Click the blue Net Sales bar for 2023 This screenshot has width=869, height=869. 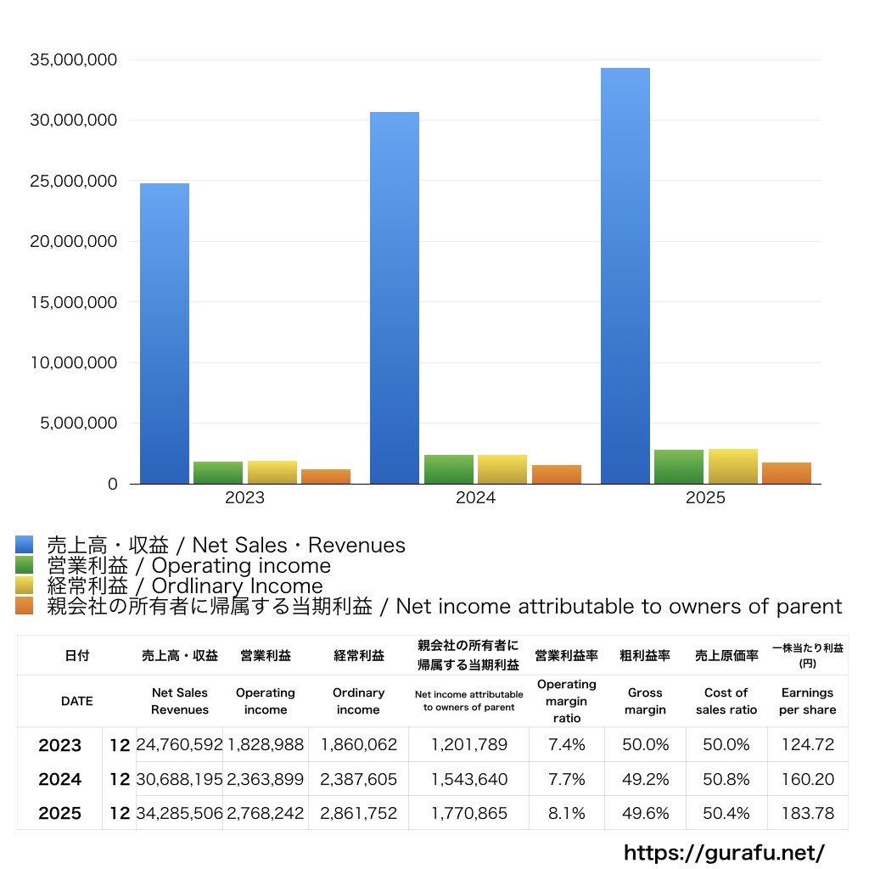(164, 334)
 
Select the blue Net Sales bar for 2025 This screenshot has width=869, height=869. (625, 276)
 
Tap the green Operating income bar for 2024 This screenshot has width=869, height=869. (449, 469)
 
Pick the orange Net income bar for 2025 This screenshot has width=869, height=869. (787, 474)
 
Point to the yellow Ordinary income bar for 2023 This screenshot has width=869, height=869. (272, 472)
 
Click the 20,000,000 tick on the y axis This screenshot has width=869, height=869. (74, 242)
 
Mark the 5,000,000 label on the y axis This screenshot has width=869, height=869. (79, 423)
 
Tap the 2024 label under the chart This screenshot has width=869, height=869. (475, 497)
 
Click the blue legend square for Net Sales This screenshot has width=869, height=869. (25, 544)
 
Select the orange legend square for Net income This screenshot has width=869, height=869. (25, 606)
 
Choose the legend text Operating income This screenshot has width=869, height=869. (241, 566)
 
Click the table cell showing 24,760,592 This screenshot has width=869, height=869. (180, 744)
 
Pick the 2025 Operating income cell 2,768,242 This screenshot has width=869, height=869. (266, 813)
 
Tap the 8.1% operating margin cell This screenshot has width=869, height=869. (566, 813)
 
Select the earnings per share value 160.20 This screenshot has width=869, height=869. (808, 779)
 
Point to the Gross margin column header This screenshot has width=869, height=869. (645, 701)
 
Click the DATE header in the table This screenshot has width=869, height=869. (77, 701)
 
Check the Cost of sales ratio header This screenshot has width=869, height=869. (726, 701)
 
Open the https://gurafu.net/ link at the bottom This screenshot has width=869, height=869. (725, 853)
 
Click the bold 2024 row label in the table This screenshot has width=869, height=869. (60, 779)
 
